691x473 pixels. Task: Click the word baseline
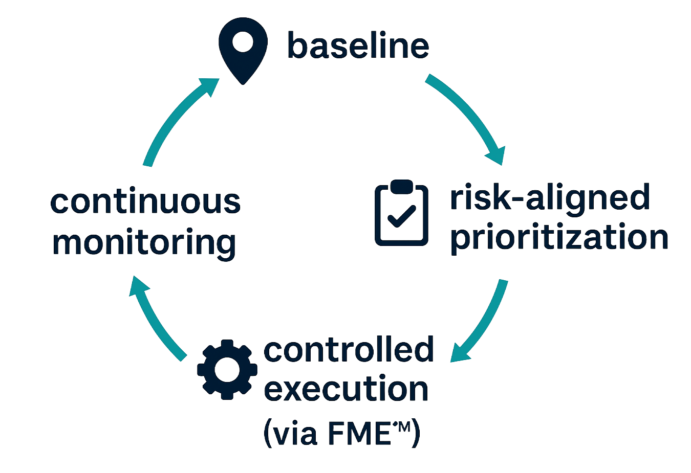click(358, 46)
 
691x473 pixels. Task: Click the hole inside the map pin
click(243, 42)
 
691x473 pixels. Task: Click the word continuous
click(145, 201)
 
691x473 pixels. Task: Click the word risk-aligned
click(550, 199)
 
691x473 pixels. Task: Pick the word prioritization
click(559, 238)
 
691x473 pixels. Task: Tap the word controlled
click(349, 350)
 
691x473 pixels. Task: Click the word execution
click(348, 390)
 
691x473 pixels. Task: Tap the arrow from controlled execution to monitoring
click(156, 320)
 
